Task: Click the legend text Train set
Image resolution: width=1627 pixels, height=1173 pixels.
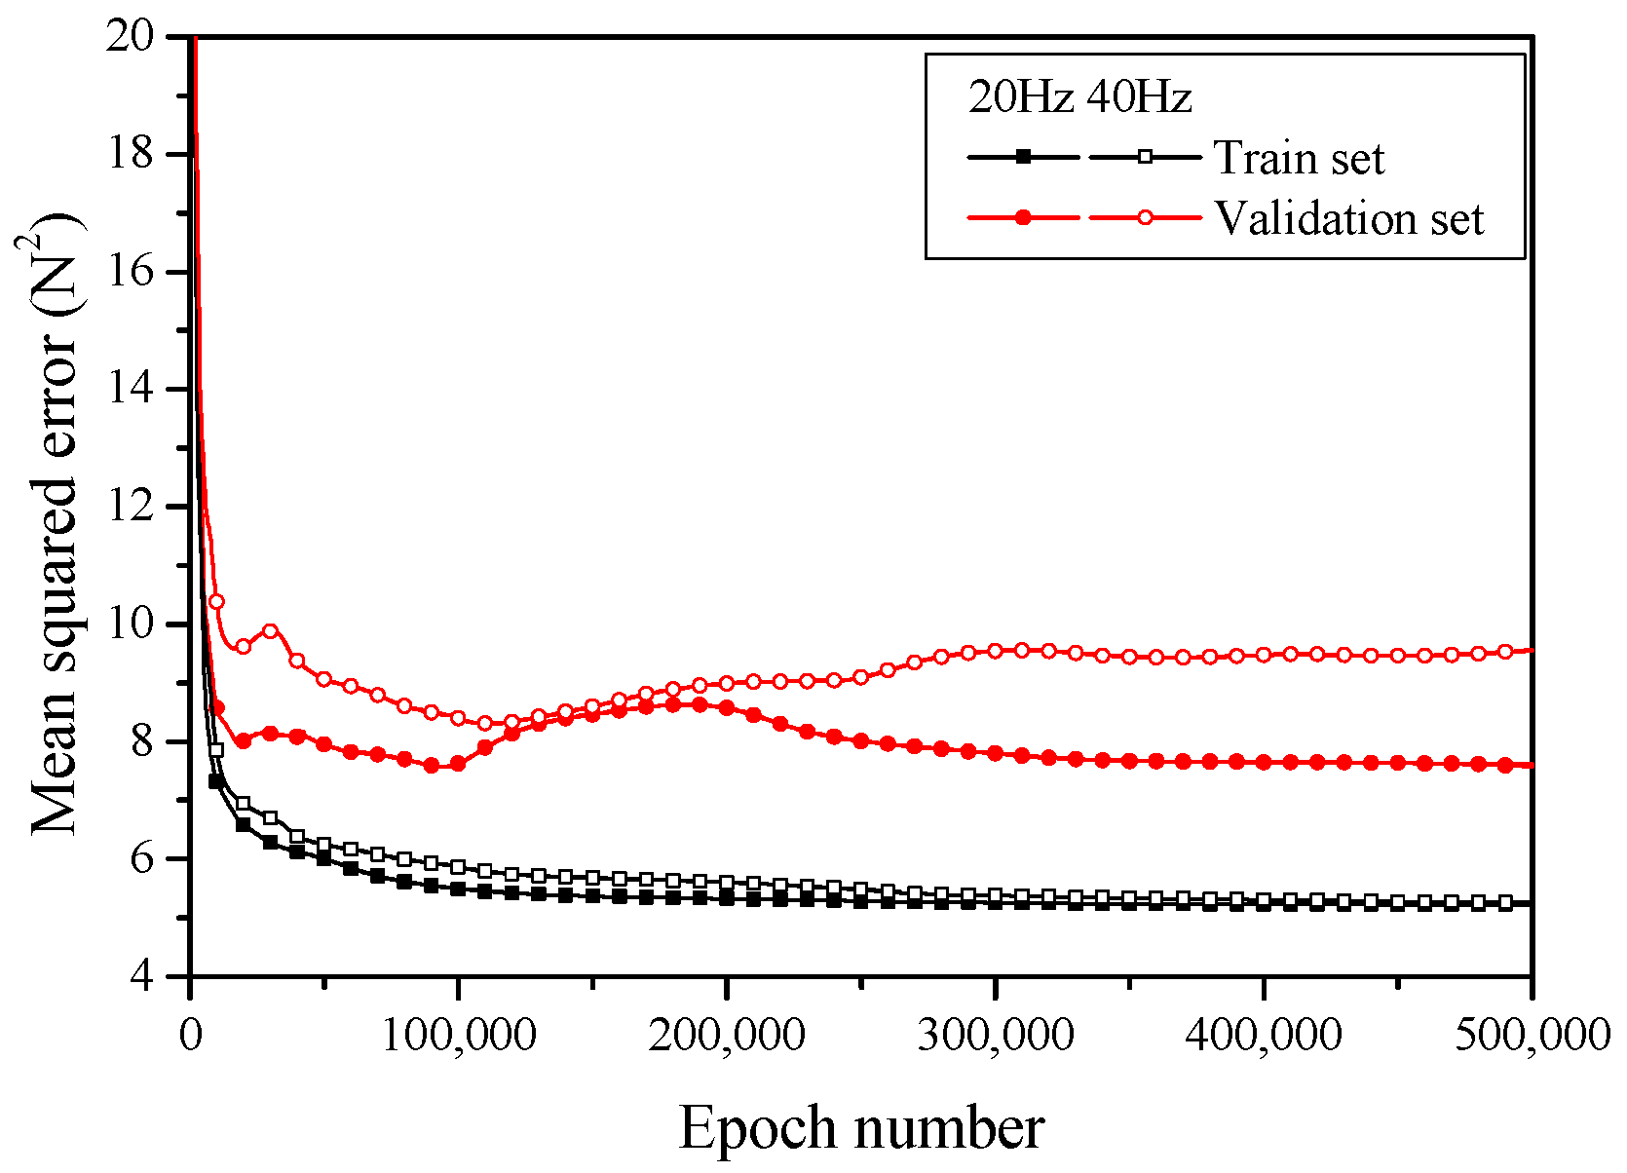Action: [x=1299, y=158]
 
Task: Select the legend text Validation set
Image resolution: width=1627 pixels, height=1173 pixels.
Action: [x=1348, y=218]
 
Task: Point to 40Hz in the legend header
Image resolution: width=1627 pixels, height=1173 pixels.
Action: [x=1138, y=97]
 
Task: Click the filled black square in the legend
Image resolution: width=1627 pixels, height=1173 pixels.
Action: [x=1022, y=156]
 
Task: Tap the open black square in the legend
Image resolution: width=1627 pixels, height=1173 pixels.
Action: [x=1146, y=156]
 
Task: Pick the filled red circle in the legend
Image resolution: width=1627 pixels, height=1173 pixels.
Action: [x=1022, y=217]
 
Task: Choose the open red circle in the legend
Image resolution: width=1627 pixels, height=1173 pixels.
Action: [x=1146, y=217]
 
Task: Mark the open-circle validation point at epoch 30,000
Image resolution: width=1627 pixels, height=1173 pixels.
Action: [x=271, y=631]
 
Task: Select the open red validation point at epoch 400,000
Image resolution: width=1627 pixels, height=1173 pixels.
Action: [x=1264, y=655]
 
